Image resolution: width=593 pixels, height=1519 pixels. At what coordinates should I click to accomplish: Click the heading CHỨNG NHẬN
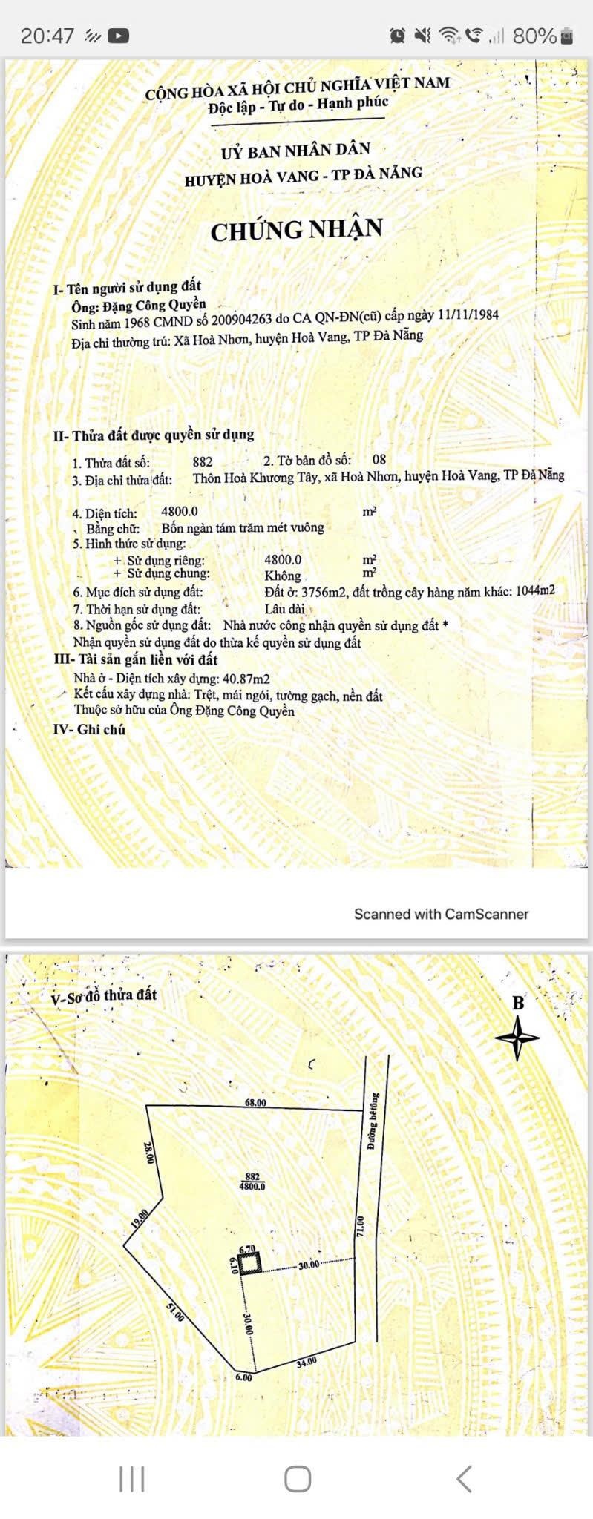click(x=296, y=229)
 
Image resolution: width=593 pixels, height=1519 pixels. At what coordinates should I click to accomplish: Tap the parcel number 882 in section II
click(x=202, y=461)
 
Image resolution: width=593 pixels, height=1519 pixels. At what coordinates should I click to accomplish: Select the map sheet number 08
click(x=379, y=460)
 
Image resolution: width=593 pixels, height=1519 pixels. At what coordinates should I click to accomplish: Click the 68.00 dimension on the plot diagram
click(x=255, y=1103)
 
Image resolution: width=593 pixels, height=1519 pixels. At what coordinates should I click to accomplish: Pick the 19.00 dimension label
click(x=140, y=1219)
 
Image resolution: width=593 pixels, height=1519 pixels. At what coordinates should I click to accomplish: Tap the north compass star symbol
click(x=517, y=1037)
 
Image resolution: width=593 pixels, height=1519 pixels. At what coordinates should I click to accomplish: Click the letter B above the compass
click(x=518, y=1004)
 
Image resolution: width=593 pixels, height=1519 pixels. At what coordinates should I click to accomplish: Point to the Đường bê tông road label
click(x=373, y=1121)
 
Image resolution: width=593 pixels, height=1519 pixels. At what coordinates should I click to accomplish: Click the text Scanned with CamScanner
click(x=441, y=914)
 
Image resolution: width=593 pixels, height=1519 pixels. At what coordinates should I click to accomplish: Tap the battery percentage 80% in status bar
click(x=534, y=35)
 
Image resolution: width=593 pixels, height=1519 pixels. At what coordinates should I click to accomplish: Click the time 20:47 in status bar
click(x=47, y=36)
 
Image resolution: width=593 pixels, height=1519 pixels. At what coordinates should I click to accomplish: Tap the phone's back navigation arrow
click(x=464, y=1478)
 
